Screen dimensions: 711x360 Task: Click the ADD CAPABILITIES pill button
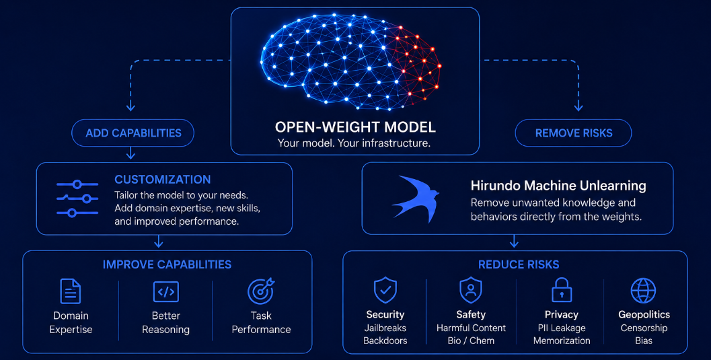(133, 133)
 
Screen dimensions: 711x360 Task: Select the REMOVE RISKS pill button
(573, 133)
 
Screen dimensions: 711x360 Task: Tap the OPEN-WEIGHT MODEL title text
(355, 127)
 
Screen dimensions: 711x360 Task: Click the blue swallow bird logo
(415, 199)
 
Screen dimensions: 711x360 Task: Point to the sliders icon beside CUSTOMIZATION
(77, 199)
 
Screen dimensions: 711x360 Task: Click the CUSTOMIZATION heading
(162, 180)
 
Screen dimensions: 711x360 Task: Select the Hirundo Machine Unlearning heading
(558, 186)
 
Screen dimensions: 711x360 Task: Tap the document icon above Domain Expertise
(71, 291)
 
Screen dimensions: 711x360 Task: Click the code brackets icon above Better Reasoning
(166, 292)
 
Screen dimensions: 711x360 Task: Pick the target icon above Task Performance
(261, 291)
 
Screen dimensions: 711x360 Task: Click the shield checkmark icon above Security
(385, 290)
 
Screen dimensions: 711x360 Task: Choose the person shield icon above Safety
(471, 290)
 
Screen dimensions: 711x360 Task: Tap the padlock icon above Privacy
(562, 290)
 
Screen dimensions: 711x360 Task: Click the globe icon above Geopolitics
(644, 291)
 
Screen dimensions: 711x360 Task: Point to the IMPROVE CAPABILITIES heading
(167, 264)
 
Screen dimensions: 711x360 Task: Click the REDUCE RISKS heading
(519, 264)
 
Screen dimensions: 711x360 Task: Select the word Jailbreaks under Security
(385, 328)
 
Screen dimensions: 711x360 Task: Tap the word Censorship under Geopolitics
(644, 328)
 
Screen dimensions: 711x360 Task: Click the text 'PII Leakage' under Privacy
(562, 328)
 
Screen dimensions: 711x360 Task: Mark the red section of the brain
(415, 63)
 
